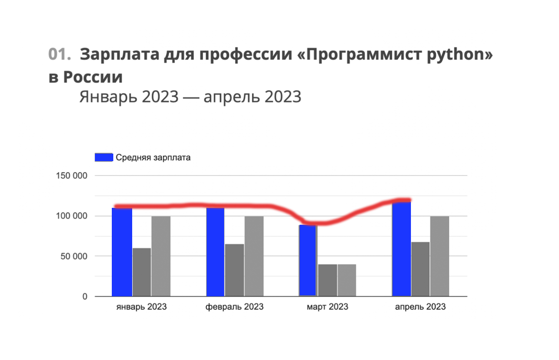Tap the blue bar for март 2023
[x=308, y=261]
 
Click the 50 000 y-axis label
[x=72, y=257]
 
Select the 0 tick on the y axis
[x=84, y=297]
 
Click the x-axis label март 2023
[x=327, y=307]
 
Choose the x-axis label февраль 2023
[x=235, y=307]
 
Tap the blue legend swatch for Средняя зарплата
[x=104, y=158]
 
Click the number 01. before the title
[x=61, y=54]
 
